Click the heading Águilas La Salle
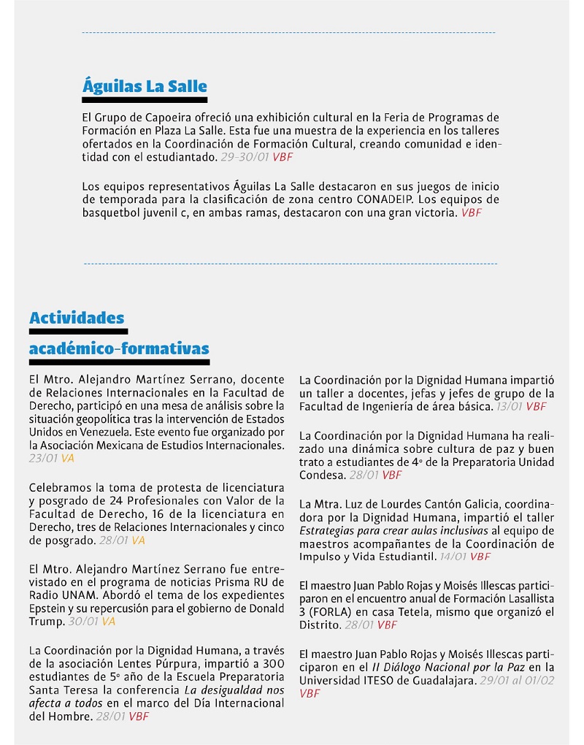point(145,86)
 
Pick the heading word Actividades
point(77,318)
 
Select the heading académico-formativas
point(119,349)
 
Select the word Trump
point(47,622)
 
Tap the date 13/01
point(508,407)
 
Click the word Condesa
point(320,475)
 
